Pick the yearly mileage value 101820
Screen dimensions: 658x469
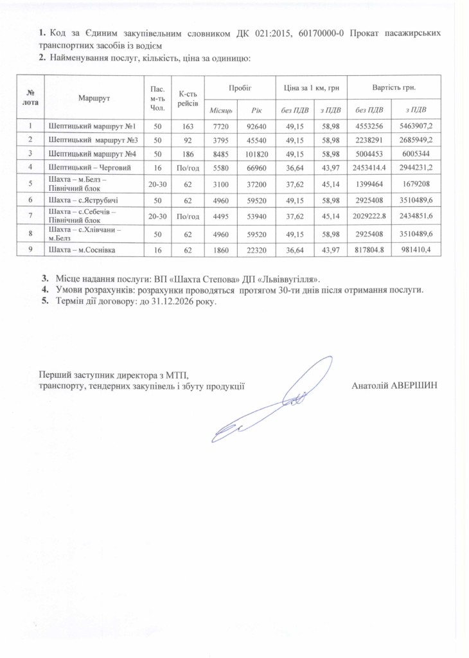coord(255,163)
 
